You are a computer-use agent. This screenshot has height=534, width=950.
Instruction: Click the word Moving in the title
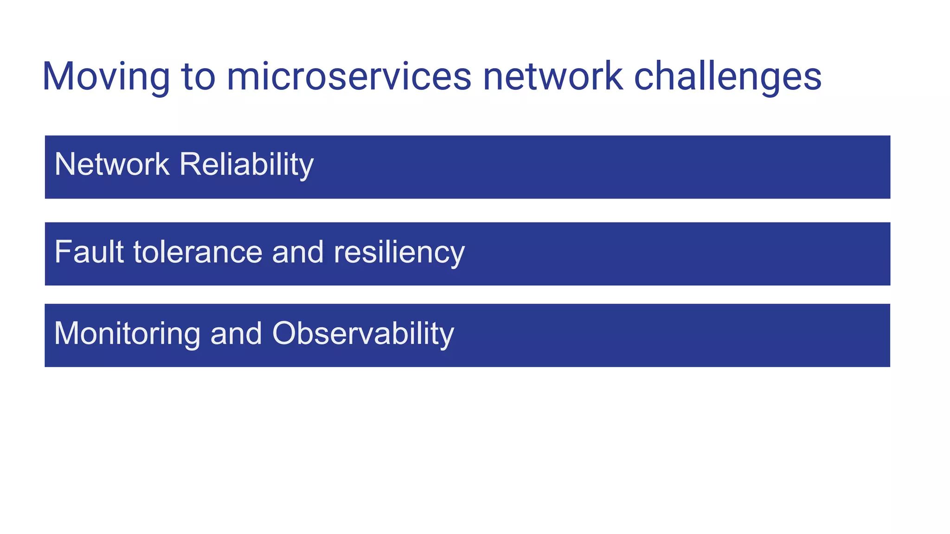[x=106, y=77]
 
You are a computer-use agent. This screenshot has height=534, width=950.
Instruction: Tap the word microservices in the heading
[x=349, y=77]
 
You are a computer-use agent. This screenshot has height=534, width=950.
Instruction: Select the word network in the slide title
[x=552, y=77]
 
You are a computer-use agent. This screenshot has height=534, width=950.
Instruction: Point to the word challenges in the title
[x=727, y=77]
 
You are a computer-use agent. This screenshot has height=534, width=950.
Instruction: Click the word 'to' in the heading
[x=199, y=77]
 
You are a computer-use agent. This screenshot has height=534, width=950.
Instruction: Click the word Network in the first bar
[x=112, y=164]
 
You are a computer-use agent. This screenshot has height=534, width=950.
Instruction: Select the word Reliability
[x=246, y=165]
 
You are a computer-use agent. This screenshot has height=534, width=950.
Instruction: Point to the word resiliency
[x=399, y=253]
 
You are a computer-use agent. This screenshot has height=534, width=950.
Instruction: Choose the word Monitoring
[x=127, y=334]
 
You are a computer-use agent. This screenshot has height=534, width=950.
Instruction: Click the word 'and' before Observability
[x=236, y=333]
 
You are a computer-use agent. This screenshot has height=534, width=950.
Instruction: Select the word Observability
[x=363, y=334]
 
